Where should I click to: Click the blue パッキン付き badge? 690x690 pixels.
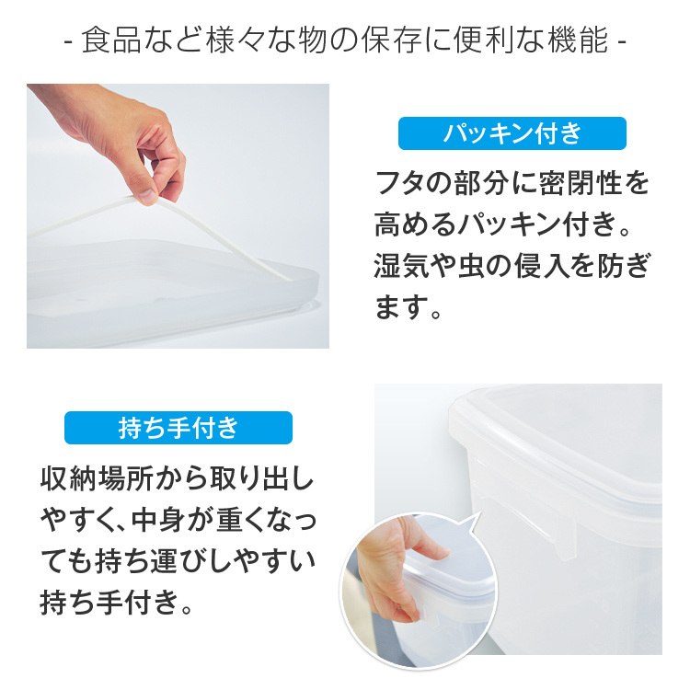[x=512, y=133]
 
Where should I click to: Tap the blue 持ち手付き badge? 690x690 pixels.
[x=178, y=428]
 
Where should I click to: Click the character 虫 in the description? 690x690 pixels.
[x=488, y=266]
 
